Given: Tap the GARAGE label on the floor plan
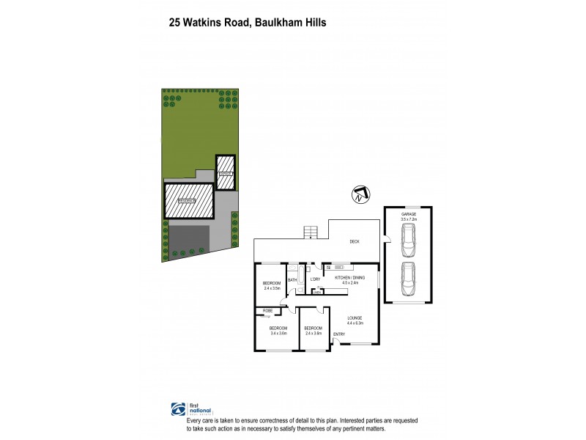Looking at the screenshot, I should coord(409,214).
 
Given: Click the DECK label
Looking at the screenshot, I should coord(354,241).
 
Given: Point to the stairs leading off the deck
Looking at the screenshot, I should coord(311,232).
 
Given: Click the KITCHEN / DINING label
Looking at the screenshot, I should coord(349,278).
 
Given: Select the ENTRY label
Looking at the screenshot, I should coord(339,334).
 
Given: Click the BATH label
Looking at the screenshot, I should coord(292,279).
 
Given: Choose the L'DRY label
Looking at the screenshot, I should coord(315,279).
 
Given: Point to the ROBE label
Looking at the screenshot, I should coord(269,311).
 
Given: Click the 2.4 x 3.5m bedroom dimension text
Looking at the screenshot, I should coord(272,288).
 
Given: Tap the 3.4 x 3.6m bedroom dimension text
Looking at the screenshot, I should coord(278,333).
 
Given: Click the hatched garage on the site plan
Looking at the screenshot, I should coord(226,173).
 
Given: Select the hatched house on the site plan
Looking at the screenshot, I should coord(188,200).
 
